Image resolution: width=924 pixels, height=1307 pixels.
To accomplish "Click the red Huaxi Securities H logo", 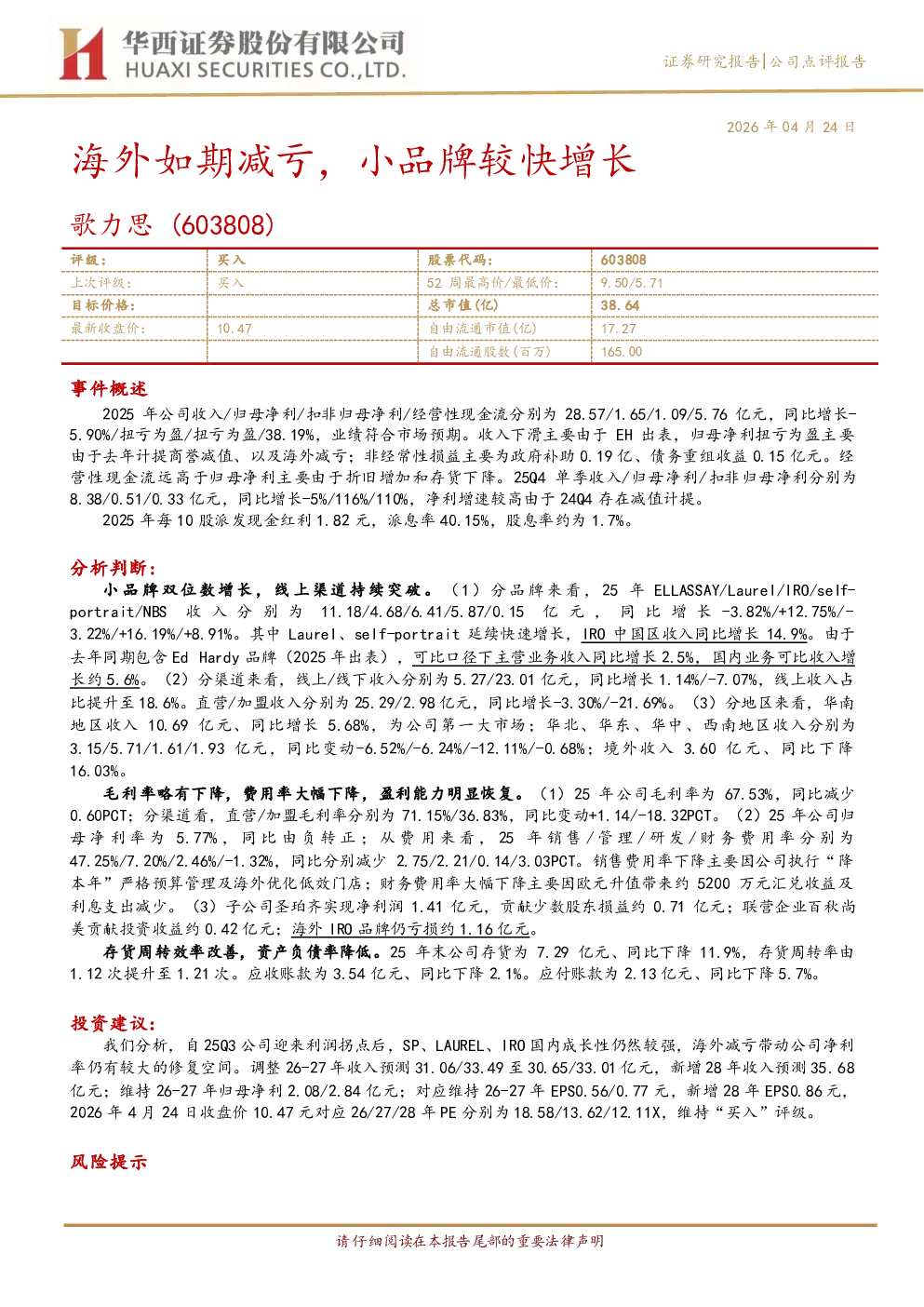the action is (x=82, y=53).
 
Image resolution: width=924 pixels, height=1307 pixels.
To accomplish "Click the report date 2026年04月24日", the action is (x=790, y=128).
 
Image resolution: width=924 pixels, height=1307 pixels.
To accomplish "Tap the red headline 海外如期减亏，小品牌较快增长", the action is (x=354, y=161).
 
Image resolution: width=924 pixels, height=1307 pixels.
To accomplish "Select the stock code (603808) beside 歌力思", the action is (x=223, y=224).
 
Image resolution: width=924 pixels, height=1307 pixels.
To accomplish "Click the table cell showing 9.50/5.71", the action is (x=632, y=283).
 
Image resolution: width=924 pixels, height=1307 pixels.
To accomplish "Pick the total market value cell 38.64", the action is (x=620, y=305).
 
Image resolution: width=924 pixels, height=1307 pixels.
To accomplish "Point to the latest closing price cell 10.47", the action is (x=234, y=329).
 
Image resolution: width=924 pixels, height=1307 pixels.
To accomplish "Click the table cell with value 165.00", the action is (x=622, y=351).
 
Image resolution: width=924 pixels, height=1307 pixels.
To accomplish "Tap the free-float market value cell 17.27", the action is (x=619, y=329).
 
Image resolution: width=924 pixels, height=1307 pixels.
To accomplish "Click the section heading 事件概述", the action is (x=109, y=388).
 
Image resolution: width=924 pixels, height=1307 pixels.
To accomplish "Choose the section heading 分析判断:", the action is (x=114, y=568).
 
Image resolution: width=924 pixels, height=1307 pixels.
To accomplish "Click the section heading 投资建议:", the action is (x=114, y=1023).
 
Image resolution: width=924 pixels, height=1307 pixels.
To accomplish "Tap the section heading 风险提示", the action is (x=109, y=1162).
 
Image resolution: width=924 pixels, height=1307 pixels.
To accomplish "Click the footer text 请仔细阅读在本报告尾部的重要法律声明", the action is (x=470, y=1241).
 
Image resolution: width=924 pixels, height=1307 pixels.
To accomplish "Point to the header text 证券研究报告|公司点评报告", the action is (x=764, y=61).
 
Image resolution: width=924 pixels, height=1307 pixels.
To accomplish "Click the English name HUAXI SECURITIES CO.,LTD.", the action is (x=265, y=71).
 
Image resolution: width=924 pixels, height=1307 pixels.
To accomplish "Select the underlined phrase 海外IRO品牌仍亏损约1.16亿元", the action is (x=410, y=929).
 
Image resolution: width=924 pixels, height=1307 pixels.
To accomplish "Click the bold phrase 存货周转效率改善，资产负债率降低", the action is (x=237, y=952).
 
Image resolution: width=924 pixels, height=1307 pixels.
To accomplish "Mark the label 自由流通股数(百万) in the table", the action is (x=489, y=351).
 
